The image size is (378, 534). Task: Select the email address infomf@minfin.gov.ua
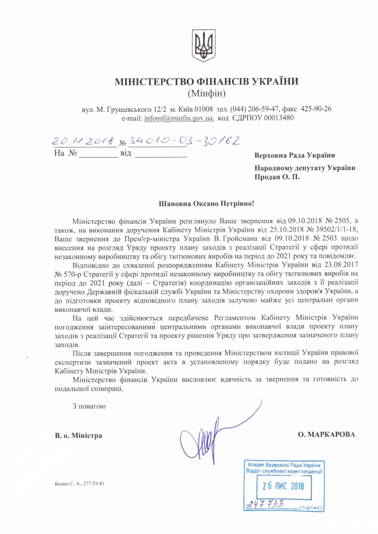coord(178,118)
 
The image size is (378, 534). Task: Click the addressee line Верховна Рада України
coord(294,155)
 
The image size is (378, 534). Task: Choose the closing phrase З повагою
coord(89,406)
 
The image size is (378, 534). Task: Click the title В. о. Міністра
coord(79,435)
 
